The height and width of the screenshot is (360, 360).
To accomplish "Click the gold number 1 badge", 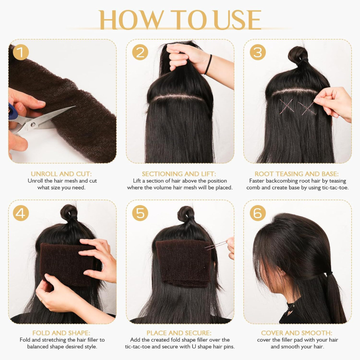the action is (x=21, y=52).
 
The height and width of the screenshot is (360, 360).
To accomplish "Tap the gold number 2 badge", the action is (x=140, y=52).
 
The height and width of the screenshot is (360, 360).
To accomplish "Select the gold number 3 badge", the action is (x=258, y=52).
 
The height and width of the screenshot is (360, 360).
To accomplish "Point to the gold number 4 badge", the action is (x=21, y=213).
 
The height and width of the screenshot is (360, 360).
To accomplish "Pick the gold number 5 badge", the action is (x=140, y=213).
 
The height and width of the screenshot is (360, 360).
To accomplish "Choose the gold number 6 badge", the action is (x=258, y=213).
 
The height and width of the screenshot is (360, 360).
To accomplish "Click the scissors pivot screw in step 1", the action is (x=33, y=125).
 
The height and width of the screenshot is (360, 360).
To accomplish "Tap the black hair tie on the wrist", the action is (x=208, y=64).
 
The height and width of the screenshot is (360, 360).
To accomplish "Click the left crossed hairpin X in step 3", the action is (x=287, y=106).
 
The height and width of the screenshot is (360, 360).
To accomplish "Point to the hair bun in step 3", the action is (x=298, y=54).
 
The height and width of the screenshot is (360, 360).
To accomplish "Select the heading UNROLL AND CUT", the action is (x=61, y=174).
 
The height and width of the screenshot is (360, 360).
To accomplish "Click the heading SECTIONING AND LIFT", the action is (x=179, y=174).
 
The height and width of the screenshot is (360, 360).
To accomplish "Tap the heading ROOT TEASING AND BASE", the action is (x=297, y=174).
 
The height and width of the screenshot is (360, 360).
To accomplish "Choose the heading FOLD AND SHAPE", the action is (x=61, y=333).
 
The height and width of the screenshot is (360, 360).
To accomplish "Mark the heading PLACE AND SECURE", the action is (x=179, y=333).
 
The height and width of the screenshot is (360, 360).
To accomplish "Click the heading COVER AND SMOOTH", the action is (x=297, y=333).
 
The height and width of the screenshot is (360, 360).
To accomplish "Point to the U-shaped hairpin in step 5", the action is (x=216, y=245).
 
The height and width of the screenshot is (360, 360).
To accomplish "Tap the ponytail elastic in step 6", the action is (x=329, y=274).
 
